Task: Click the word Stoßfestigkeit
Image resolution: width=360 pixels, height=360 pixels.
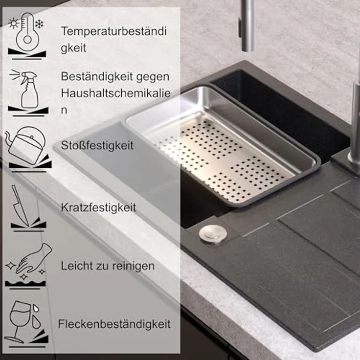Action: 97,146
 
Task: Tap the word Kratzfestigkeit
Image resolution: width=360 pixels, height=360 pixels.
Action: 98,208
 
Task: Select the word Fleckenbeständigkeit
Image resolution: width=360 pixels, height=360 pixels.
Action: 114,324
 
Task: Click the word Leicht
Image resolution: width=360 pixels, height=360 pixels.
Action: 77,266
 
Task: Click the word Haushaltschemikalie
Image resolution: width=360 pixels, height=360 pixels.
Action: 116,93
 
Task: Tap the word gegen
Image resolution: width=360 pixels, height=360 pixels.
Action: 153,77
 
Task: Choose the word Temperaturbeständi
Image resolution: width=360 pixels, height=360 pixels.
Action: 114,31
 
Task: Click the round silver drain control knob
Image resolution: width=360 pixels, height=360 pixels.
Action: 213,233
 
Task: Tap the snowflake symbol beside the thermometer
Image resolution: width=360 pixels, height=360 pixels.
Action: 39,24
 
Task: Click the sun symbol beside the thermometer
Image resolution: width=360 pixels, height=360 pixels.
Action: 14,23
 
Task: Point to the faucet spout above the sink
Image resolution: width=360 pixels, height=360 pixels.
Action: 247,25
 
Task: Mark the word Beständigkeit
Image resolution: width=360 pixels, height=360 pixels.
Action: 97,77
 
